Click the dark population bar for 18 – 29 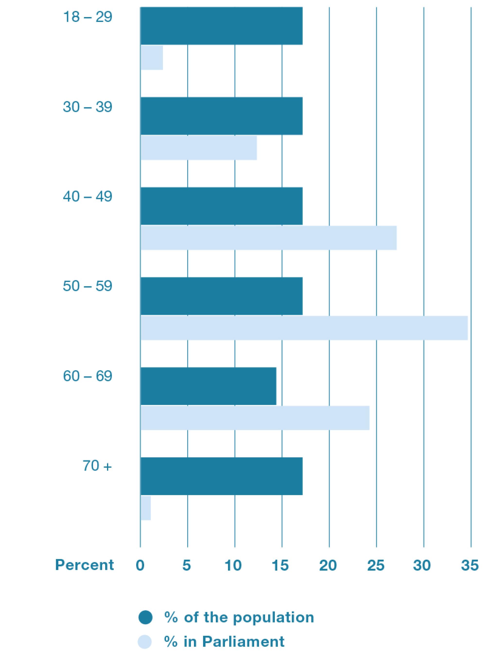[x=221, y=26]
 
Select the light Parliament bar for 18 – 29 [x=152, y=58]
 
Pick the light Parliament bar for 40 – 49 [x=268, y=238]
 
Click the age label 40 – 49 [x=87, y=197]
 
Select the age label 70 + [x=97, y=466]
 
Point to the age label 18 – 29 [x=87, y=17]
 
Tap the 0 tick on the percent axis [x=140, y=565]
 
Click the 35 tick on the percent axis [x=470, y=565]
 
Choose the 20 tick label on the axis [x=328, y=565]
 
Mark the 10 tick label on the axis [x=233, y=565]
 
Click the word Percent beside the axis [x=84, y=565]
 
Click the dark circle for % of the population [x=145, y=617]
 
